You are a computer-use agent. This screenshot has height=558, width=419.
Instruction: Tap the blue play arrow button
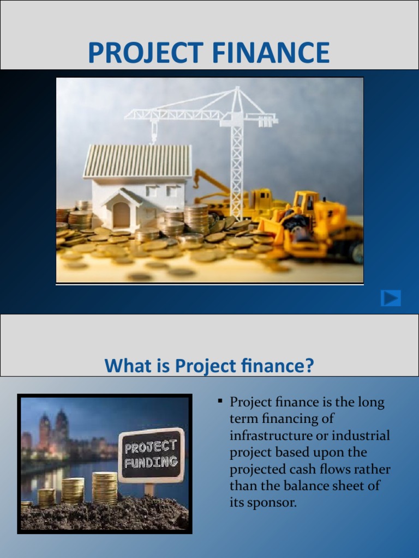[x=391, y=298]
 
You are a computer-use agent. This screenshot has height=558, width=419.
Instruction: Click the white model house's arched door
[x=121, y=214]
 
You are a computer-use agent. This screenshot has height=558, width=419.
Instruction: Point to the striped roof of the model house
[x=137, y=161]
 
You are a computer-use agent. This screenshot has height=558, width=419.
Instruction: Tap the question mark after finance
[x=310, y=366]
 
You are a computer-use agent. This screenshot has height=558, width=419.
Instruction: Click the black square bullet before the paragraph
[x=220, y=402]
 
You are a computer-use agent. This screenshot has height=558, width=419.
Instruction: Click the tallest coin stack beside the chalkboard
[x=105, y=488]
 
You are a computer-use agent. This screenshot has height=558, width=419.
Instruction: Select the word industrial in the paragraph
[x=364, y=436]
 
